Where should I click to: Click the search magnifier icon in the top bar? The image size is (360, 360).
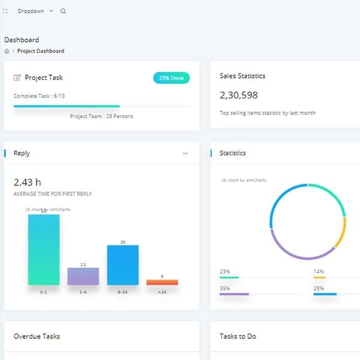[x=64, y=11]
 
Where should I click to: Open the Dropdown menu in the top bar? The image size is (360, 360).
[x=35, y=11]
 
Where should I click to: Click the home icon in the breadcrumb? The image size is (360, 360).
[x=7, y=52]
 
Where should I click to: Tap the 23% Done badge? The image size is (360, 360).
[x=171, y=78]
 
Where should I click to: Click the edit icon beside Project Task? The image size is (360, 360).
[x=17, y=77]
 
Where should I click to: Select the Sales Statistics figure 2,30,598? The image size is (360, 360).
[x=239, y=95]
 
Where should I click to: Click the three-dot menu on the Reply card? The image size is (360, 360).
[x=185, y=154]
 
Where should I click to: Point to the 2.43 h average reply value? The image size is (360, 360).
[x=27, y=182]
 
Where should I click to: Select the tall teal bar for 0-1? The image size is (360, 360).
[x=44, y=250]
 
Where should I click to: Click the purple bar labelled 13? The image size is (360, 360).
[x=83, y=276]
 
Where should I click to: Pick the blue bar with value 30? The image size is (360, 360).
[x=122, y=265]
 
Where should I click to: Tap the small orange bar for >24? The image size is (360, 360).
[x=162, y=282]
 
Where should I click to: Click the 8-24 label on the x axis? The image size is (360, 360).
[x=122, y=292]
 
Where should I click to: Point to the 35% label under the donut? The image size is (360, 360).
[x=225, y=289]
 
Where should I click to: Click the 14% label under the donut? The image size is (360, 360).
[x=319, y=272]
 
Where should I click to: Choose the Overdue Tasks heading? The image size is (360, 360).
[x=37, y=337]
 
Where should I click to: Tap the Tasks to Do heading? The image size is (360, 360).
[x=238, y=337]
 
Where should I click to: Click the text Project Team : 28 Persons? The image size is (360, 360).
[x=101, y=116]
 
